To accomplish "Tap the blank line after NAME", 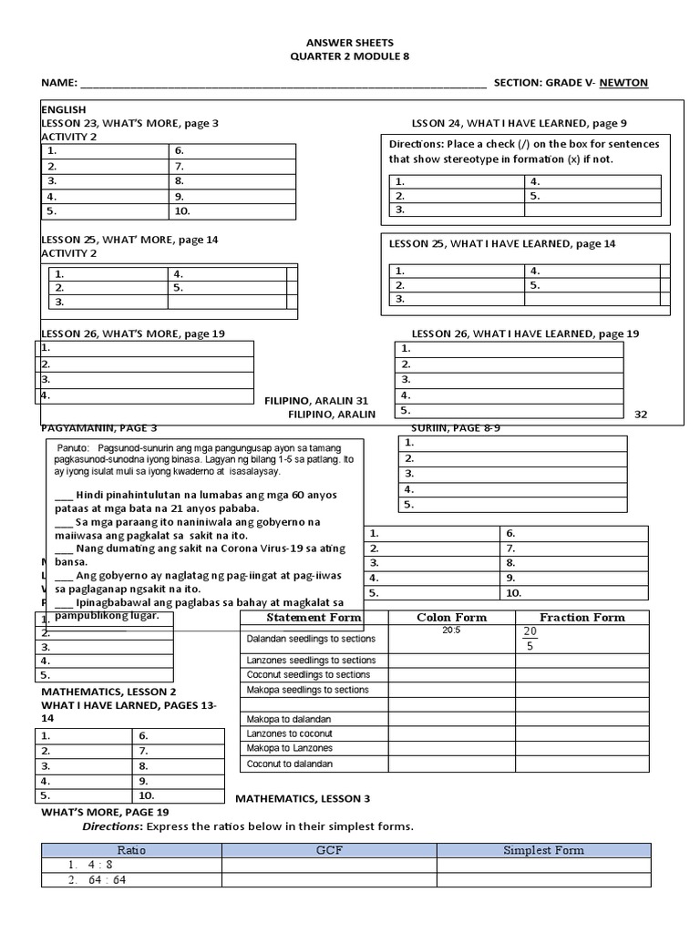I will click(x=283, y=84).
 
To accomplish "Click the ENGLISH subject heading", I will click(x=63, y=109).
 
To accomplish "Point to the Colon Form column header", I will click(x=451, y=618).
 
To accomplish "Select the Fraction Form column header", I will click(x=582, y=618).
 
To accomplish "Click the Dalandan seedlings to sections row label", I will click(x=308, y=639).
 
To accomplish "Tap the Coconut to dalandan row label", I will click(x=290, y=764).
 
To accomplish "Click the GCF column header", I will click(x=328, y=850).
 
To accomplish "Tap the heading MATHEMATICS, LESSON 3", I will click(x=303, y=799).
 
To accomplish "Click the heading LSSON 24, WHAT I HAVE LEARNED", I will click(x=520, y=123).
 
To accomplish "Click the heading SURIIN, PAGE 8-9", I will click(x=443, y=426).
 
